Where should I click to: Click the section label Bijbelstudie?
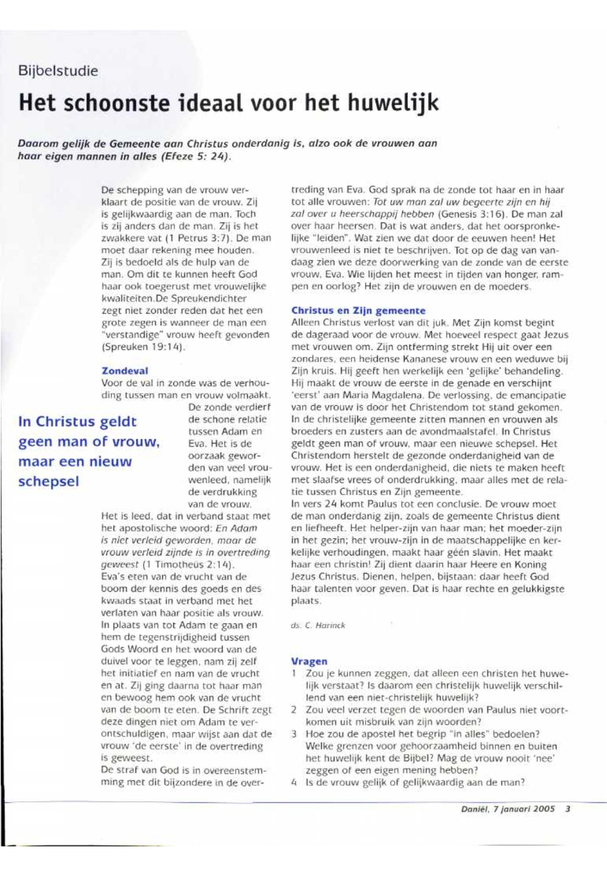58,71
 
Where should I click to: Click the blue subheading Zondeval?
125,370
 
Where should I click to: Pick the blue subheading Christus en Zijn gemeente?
358,311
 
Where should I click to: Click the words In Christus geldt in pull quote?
77,422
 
